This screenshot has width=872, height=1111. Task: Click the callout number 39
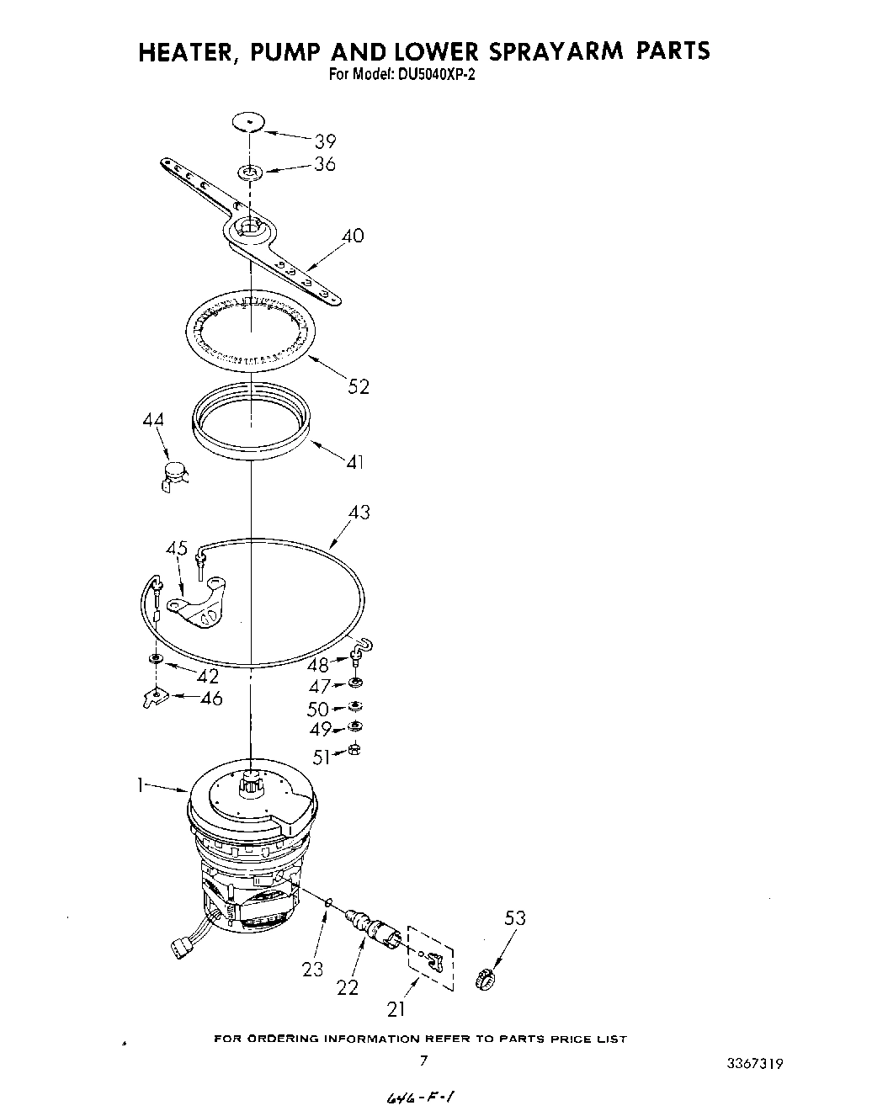(x=325, y=141)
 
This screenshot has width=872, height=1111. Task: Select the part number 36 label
(x=325, y=164)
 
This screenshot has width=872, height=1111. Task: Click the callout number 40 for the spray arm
(x=353, y=236)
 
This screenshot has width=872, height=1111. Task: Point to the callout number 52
(x=359, y=386)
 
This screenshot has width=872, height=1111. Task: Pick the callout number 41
(x=355, y=461)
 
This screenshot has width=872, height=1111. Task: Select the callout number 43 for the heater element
(x=359, y=512)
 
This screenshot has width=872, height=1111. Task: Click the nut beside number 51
(x=354, y=751)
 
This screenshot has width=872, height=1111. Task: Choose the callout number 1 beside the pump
(x=140, y=785)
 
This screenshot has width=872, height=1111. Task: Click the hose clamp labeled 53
(x=484, y=978)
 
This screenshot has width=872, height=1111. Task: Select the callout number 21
(x=396, y=1007)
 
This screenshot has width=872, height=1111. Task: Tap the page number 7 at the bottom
(x=423, y=1060)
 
